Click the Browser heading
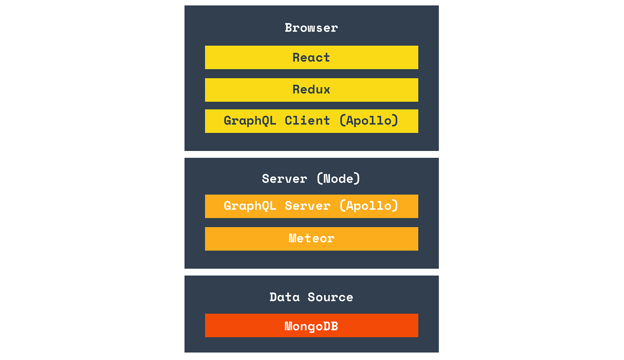click(x=311, y=28)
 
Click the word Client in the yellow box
click(x=307, y=121)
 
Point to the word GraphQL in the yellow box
click(x=250, y=121)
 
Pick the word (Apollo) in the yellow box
click(x=369, y=121)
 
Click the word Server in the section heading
click(x=284, y=179)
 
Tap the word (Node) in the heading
click(x=339, y=179)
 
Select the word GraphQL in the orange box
click(x=250, y=206)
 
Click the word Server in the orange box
click(x=307, y=206)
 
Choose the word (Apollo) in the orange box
click(x=369, y=206)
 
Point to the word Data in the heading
click(x=285, y=297)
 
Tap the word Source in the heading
click(x=330, y=297)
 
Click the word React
click(x=311, y=58)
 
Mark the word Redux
click(x=311, y=90)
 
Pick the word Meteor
click(x=311, y=238)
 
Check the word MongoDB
click(x=311, y=326)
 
